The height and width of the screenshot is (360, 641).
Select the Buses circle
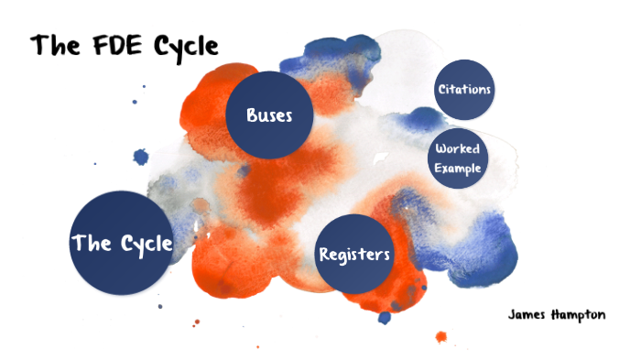(x=271, y=115)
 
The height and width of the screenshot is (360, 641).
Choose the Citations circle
(x=464, y=90)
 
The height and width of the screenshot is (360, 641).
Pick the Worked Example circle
(x=458, y=158)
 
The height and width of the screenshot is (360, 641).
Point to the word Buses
(x=269, y=115)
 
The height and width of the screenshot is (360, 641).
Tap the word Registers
(x=355, y=254)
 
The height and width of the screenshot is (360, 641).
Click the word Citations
(x=464, y=90)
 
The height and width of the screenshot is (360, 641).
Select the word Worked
(x=458, y=149)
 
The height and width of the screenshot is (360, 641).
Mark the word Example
(x=458, y=168)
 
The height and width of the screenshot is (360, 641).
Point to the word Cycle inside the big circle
(x=146, y=244)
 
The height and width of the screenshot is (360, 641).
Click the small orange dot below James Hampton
(x=441, y=336)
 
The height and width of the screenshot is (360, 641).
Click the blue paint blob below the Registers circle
(x=385, y=318)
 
